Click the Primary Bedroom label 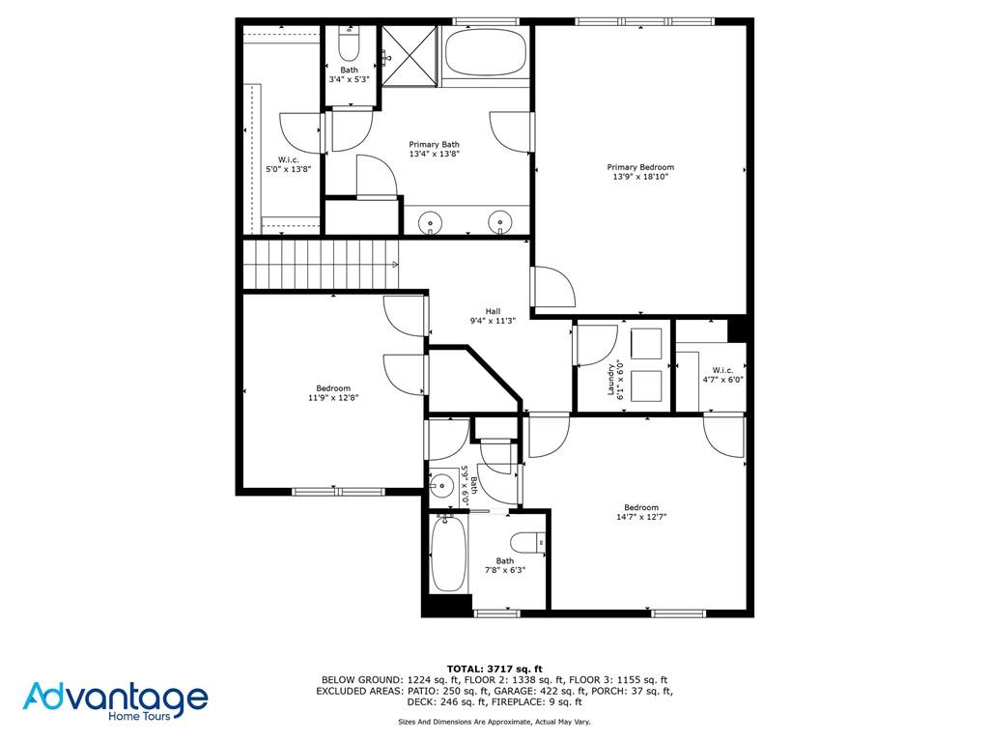pyautogui.click(x=640, y=167)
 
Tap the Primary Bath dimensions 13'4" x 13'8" pyautogui.click(x=434, y=154)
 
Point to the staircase pyautogui.click(x=320, y=264)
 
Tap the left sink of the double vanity pyautogui.click(x=431, y=223)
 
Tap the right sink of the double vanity pyautogui.click(x=500, y=223)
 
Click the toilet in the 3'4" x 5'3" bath pyautogui.click(x=349, y=46)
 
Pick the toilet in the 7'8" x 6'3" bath pyautogui.click(x=527, y=544)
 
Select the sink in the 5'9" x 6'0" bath pyautogui.click(x=443, y=486)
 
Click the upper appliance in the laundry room pyautogui.click(x=647, y=343)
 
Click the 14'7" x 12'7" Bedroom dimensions pyautogui.click(x=640, y=517)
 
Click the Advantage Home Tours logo pyautogui.click(x=115, y=700)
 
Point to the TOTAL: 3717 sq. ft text pyautogui.click(x=494, y=669)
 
